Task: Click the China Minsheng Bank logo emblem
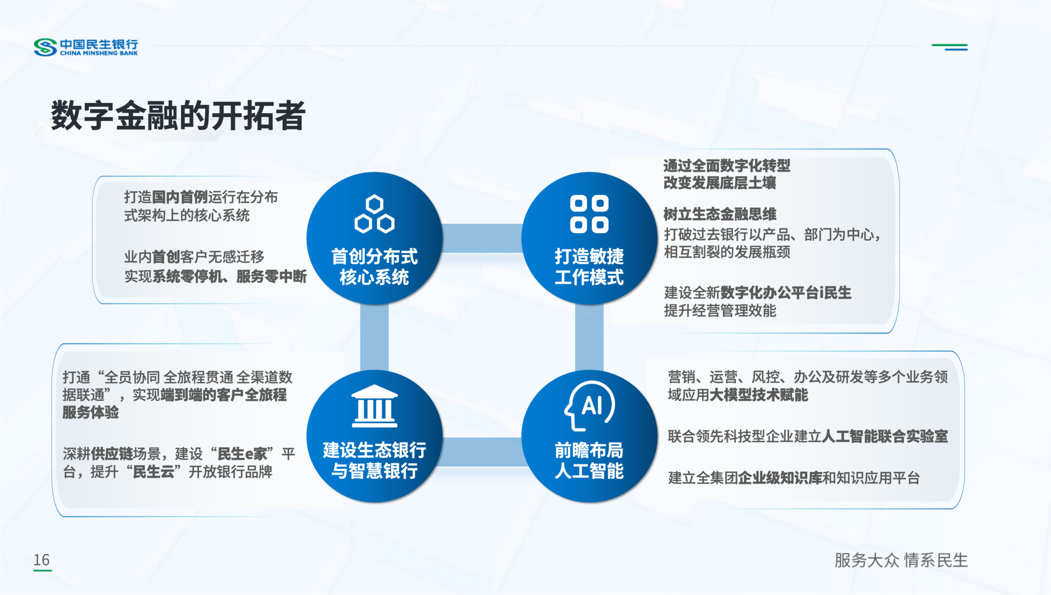tap(45, 47)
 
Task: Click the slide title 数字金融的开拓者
tap(178, 116)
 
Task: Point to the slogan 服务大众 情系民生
tap(901, 560)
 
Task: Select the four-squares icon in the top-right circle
tap(589, 214)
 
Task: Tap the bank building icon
tap(374, 406)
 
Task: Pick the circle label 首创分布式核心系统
tap(374, 266)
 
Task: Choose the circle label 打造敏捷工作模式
tap(589, 266)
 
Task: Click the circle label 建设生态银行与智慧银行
tap(374, 460)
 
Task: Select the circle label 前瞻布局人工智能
tap(589, 460)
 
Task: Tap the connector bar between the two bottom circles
tap(482, 452)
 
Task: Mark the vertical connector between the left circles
tap(374, 337)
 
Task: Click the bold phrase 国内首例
tap(180, 197)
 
